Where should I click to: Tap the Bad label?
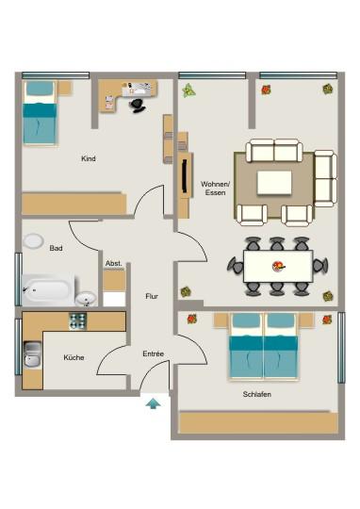pyautogui.click(x=56, y=249)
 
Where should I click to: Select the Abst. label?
pyautogui.click(x=113, y=263)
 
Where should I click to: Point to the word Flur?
pyautogui.click(x=151, y=295)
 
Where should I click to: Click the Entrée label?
pyautogui.click(x=153, y=353)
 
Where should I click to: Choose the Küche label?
pyautogui.click(x=74, y=358)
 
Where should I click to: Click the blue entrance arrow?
pyautogui.click(x=153, y=403)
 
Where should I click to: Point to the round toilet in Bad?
pyautogui.click(x=35, y=243)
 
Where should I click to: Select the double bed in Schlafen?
pyautogui.click(x=265, y=345)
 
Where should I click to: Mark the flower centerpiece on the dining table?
pyautogui.click(x=277, y=266)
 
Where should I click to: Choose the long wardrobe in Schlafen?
pyautogui.click(x=257, y=422)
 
